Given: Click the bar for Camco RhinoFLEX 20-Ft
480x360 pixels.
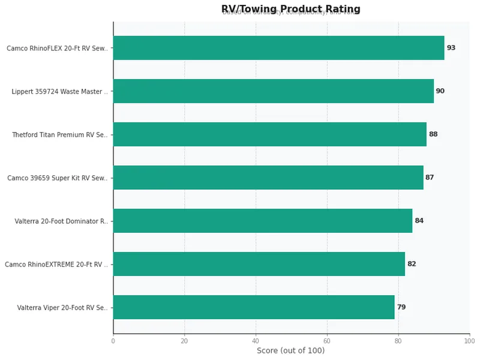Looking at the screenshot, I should coord(278,48).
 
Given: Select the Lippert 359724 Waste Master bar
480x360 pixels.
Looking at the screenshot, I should coord(273,91).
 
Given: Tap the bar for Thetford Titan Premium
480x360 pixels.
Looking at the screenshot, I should coord(269,134).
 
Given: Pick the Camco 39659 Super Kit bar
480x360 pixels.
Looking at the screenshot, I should coord(268,178).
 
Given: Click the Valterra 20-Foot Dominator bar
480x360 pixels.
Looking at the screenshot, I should coord(262,221).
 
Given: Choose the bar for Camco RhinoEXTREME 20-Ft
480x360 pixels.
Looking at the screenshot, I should coord(259,264).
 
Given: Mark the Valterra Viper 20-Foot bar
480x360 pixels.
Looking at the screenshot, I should coord(253,307).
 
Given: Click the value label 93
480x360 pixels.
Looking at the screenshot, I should coord(451,48).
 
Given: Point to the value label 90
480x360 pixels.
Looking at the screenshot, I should coord(440,91).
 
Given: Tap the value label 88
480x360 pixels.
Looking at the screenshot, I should coord(433,134).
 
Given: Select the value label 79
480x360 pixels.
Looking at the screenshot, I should coord(401,307).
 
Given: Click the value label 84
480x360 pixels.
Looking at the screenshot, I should coord(419,221).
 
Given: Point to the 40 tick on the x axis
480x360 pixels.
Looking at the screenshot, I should coord(256,341).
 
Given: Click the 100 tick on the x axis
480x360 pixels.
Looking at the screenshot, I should coord(469,341).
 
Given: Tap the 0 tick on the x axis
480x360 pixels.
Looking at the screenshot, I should coord(113,341).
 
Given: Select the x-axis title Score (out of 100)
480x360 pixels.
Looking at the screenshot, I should coord(290,351).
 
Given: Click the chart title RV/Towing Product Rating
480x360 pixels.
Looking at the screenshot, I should coord(290,9).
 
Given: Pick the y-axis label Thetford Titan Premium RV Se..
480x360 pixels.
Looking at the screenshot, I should coord(60,135).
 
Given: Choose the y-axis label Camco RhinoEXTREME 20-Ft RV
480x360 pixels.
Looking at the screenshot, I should coord(56,265).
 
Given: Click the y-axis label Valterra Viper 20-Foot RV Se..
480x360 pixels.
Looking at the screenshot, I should coord(62,308).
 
